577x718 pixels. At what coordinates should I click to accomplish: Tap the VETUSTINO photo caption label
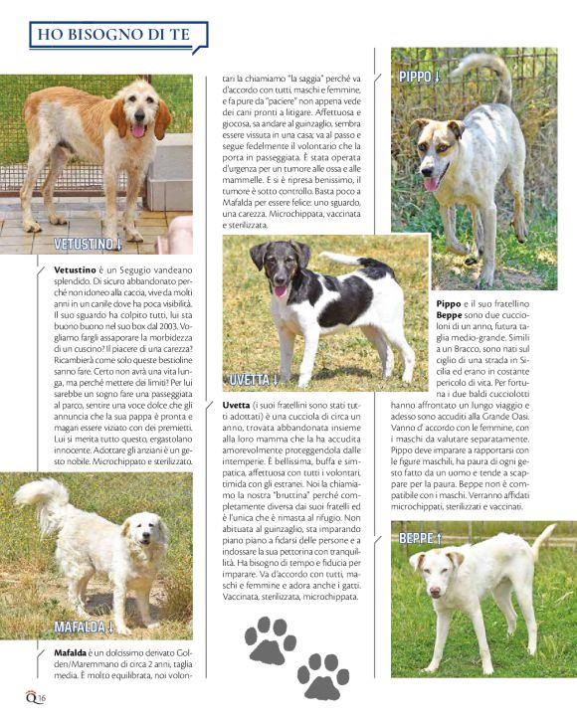pos(88,244)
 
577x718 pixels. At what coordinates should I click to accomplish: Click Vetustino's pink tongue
pos(137,130)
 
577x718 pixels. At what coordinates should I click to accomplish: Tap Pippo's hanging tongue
pos(431,183)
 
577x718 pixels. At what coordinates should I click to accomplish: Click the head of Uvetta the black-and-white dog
pos(273,265)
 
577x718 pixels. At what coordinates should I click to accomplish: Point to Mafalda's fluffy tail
pos(44,494)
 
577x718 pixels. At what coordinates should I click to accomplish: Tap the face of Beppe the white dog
pos(432,574)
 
